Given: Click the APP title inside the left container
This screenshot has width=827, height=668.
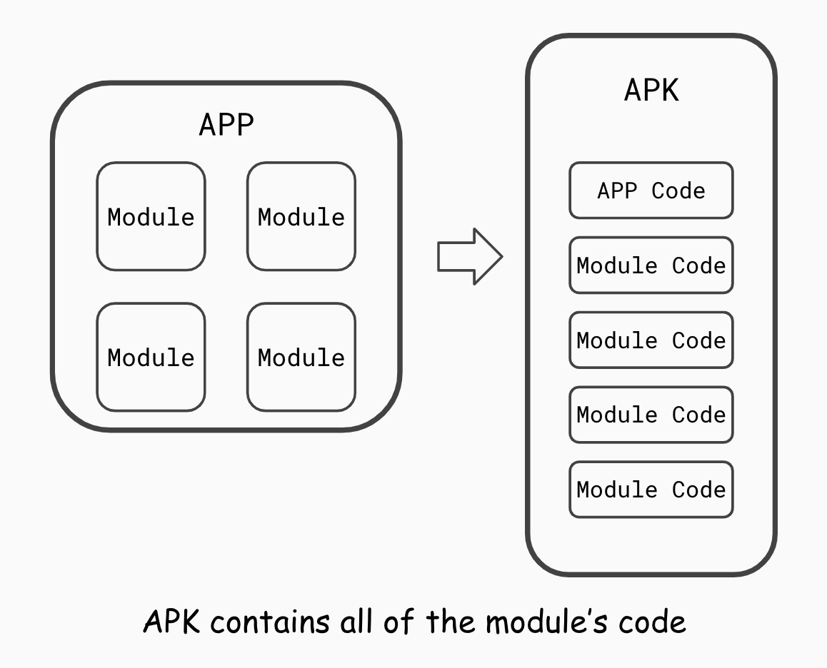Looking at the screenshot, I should click(226, 125).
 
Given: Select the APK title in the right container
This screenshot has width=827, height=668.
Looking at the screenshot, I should click(651, 91).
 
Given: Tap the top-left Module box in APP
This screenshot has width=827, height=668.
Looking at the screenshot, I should click(151, 217).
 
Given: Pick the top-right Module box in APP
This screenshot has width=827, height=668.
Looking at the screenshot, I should click(301, 217).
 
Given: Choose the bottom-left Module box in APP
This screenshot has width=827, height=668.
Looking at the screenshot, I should click(151, 357).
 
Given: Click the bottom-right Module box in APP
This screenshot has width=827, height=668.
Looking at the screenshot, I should click(301, 357).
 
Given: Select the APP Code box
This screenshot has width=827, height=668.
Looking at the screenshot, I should click(651, 191).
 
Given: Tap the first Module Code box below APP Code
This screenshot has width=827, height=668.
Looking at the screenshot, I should click(651, 265).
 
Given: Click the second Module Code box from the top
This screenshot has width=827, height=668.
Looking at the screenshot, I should click(651, 340).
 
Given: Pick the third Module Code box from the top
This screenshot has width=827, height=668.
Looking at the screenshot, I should click(651, 415).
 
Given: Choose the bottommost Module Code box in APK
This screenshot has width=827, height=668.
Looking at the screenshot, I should click(651, 490).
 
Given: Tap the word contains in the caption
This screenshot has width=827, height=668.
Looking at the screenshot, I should click(271, 622).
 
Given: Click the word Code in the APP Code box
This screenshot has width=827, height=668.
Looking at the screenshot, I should click(678, 191).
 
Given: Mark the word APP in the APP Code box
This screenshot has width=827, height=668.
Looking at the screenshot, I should click(617, 191).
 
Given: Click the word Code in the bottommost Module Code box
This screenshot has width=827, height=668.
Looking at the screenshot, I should click(698, 490).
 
